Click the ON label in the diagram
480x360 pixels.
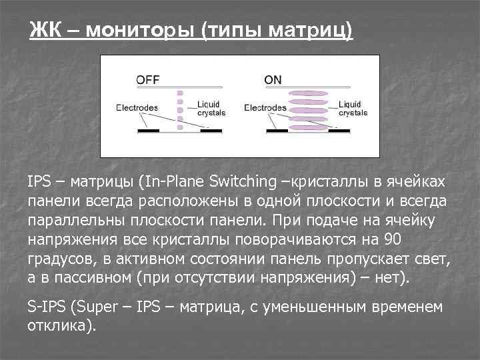tap(273, 80)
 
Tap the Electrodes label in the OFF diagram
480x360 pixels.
tap(137, 107)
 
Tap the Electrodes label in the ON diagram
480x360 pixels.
tap(265, 107)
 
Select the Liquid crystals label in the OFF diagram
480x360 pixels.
tap(211, 109)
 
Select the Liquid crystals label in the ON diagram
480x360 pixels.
tap(353, 109)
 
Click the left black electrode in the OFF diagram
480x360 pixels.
tap(148, 131)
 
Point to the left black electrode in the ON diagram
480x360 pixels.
tap(276, 131)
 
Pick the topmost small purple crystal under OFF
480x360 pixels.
tap(179, 93)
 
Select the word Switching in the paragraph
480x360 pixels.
tap(242, 182)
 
